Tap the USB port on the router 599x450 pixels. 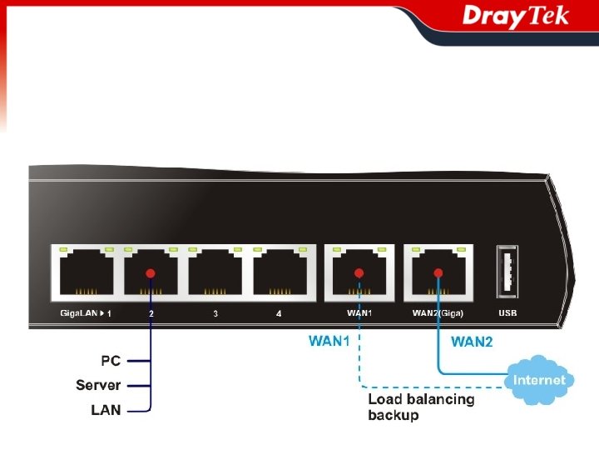click(507, 272)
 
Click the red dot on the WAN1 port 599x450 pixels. click(359, 272)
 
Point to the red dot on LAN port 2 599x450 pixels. click(151, 272)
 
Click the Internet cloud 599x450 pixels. click(539, 380)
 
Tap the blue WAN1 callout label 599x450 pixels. click(329, 341)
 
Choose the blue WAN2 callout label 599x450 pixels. click(472, 342)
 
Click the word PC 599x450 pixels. click(111, 361)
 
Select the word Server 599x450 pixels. click(98, 385)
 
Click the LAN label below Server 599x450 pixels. click(106, 410)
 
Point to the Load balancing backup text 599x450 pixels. click(421, 407)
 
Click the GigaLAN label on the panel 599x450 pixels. click(79, 313)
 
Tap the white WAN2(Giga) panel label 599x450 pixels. click(438, 313)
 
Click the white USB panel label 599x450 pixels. click(507, 313)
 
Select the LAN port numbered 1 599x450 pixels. click(85, 272)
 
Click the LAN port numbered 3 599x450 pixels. click(215, 272)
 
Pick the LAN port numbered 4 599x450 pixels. click(280, 272)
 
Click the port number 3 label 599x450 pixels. click(215, 314)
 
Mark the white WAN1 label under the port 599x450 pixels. click(359, 313)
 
